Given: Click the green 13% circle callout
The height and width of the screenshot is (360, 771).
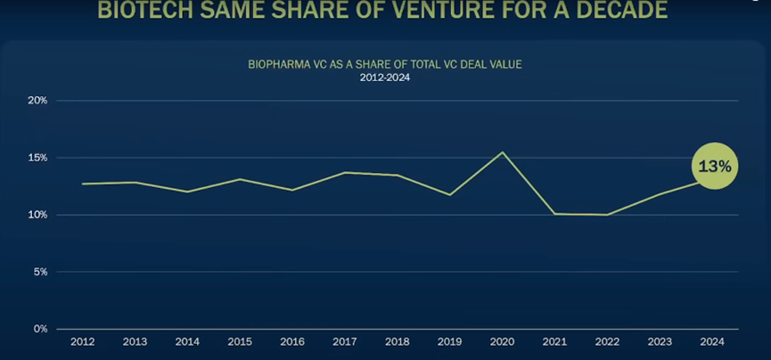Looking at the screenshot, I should [715, 166].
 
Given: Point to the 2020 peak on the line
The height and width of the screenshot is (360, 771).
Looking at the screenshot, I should [502, 152].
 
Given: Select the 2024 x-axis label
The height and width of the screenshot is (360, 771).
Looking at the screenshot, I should [713, 341].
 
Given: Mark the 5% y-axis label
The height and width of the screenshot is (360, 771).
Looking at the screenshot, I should [39, 272].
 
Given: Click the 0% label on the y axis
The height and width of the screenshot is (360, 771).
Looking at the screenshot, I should [39, 329].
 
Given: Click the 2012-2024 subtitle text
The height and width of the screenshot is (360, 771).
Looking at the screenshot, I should [385, 78].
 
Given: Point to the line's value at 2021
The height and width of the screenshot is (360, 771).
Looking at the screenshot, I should [554, 214].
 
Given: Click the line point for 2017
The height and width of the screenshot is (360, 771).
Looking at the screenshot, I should [345, 172].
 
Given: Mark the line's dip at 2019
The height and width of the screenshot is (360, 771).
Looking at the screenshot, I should [450, 194].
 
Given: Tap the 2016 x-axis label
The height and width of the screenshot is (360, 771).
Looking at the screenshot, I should [292, 341].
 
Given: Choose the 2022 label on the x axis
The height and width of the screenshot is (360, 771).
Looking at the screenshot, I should [606, 341].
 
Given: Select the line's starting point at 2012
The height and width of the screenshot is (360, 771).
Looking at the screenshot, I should [82, 184].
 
